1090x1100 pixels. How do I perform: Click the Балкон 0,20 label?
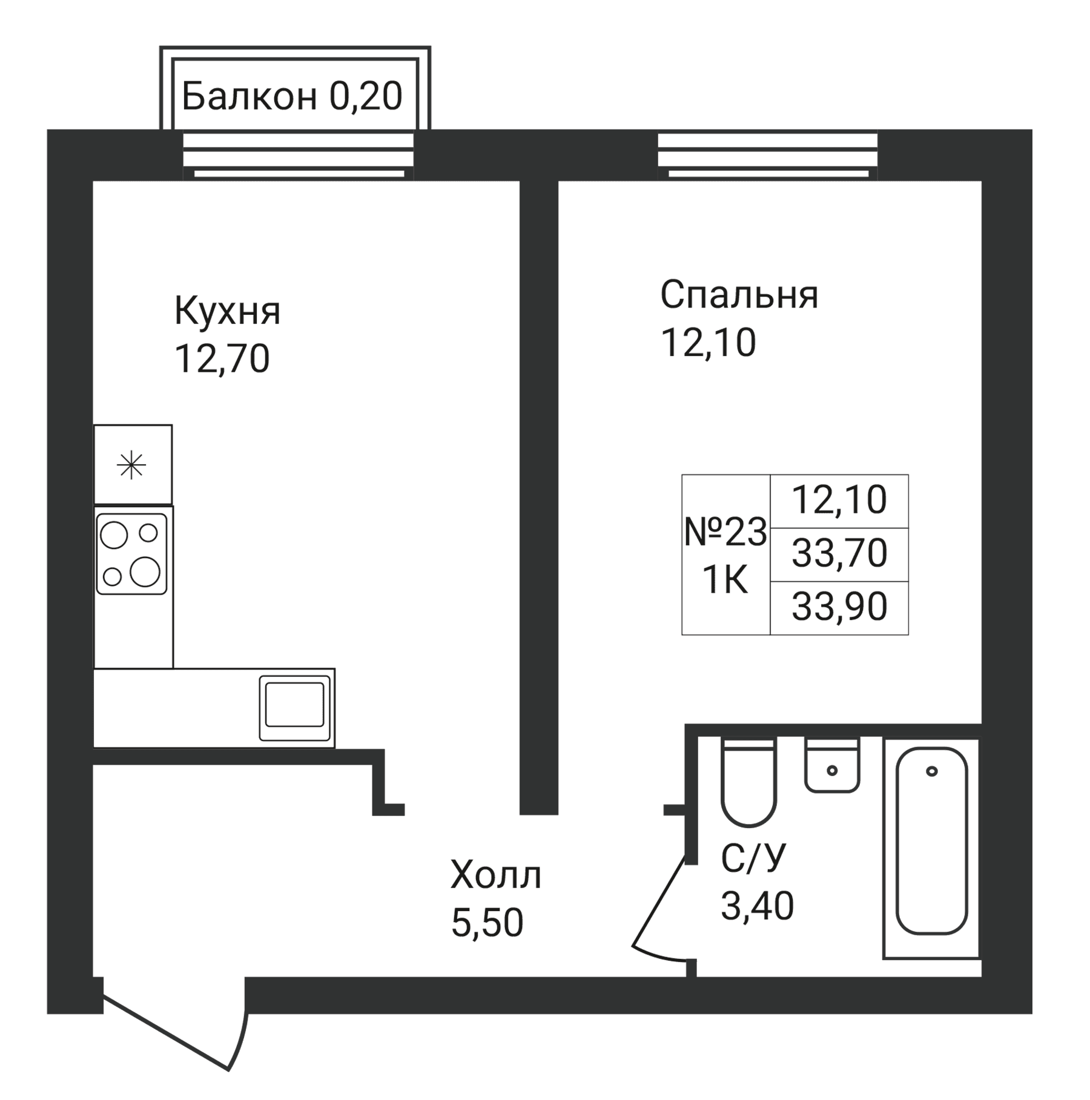click(292, 96)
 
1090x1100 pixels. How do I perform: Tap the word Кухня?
click(227, 312)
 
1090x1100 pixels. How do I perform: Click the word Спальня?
click(739, 295)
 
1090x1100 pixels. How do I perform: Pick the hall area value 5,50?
click(487, 923)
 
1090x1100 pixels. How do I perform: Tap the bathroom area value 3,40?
click(757, 906)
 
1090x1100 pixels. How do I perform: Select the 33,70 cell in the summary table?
click(839, 553)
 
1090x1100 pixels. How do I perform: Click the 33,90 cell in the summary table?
click(839, 607)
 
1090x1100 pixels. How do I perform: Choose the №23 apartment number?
click(725, 533)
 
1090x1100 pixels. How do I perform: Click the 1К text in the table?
click(725, 581)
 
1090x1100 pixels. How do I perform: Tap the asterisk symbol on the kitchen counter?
click(131, 466)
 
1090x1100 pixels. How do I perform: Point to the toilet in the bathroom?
click(748, 782)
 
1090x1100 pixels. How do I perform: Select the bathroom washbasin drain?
click(832, 771)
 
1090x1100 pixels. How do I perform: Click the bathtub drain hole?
click(932, 771)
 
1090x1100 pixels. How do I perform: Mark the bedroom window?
click(768, 156)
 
